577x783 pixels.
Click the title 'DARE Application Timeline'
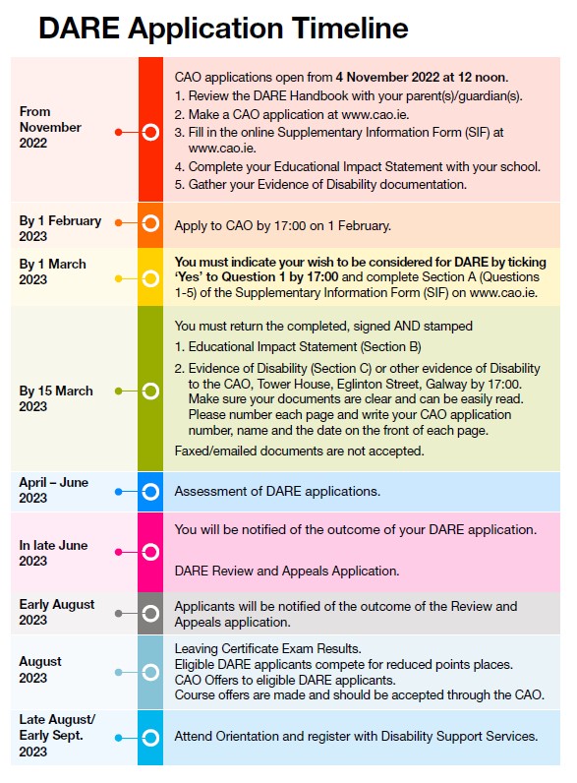223,28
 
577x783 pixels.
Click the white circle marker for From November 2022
150,131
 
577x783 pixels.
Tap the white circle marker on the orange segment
150,223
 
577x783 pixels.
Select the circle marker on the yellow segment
150,278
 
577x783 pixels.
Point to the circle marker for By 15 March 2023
150,391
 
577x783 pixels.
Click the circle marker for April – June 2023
150,491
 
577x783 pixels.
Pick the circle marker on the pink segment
150,553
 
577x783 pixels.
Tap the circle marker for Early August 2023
150,613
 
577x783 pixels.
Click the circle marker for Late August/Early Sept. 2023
150,737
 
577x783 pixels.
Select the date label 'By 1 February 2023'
60,228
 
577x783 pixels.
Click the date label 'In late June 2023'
53,553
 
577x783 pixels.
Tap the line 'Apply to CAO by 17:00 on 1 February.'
283,225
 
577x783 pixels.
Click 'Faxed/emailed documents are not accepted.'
299,452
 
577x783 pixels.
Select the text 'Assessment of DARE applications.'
276,491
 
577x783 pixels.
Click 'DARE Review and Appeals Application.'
286,571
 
